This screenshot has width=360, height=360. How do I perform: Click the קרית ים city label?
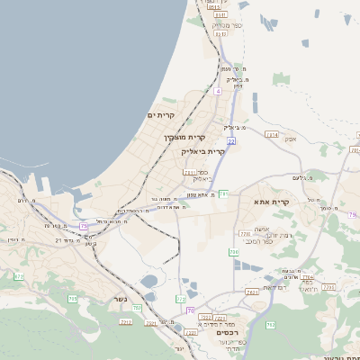pos(160,116)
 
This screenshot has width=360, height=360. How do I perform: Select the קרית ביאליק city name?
pos(210,151)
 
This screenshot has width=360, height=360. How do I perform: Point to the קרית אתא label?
pos(271,202)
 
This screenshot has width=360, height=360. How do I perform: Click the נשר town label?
pos(120,300)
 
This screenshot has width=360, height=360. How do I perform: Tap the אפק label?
pos(290,139)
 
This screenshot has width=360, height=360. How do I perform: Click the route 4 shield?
pos(218,91)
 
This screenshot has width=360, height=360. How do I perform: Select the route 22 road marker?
pos(231,141)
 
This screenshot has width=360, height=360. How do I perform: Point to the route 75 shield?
pos(84,225)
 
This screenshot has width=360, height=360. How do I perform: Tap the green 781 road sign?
pos(223,193)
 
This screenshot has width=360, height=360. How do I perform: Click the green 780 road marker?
pos(234,253)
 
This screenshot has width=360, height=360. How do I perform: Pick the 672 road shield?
pos(19,276)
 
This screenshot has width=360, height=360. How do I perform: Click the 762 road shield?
pos(271,324)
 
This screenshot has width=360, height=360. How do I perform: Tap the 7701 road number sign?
pos(189,171)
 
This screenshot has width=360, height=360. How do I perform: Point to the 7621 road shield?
pos(252,292)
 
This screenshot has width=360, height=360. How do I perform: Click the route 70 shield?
pos(190,310)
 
